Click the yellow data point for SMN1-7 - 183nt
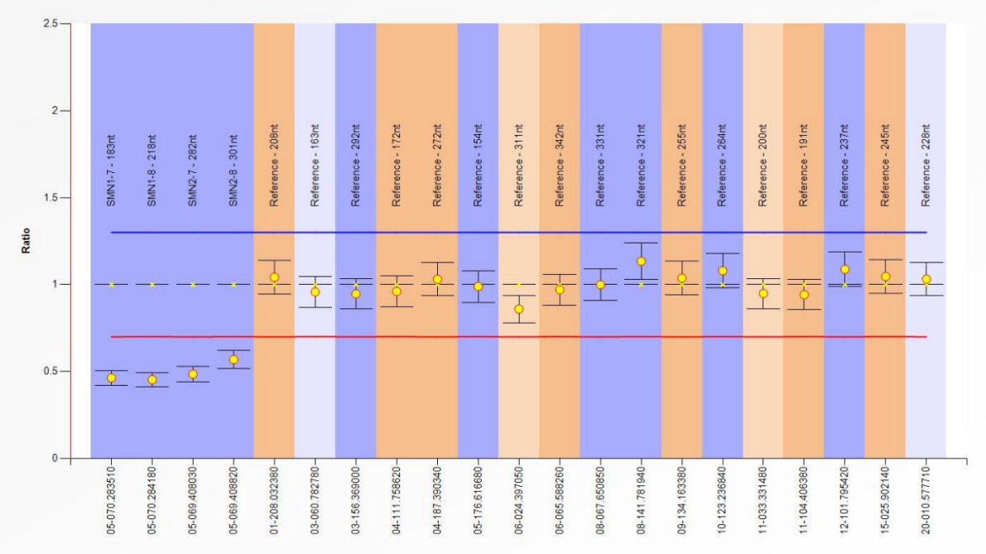point(111,378)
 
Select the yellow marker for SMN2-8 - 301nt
point(233,359)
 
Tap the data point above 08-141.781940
point(641,262)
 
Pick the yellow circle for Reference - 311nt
point(519,309)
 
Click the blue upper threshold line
point(497,232)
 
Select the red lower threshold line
point(497,336)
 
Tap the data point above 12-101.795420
point(844,269)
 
